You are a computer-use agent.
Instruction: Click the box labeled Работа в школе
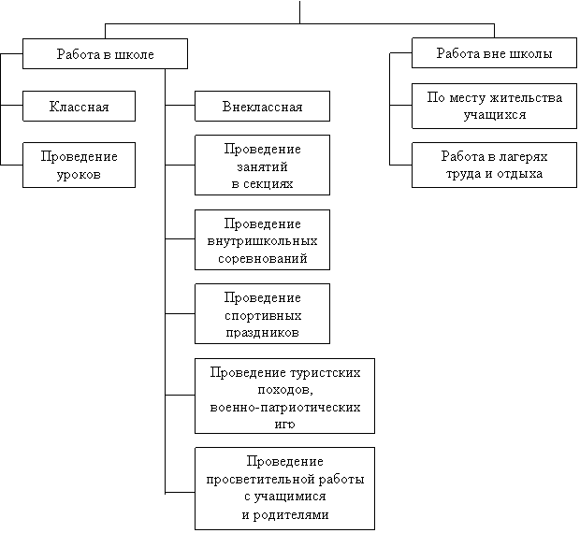(x=105, y=54)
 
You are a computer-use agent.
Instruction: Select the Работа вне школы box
(x=494, y=53)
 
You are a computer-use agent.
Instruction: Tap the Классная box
(x=79, y=107)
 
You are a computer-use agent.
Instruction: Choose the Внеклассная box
(x=262, y=107)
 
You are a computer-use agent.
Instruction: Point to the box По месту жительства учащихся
(x=494, y=106)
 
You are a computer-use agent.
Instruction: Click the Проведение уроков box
(x=79, y=165)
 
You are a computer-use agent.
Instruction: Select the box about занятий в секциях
(x=262, y=166)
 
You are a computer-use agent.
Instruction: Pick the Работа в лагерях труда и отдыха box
(x=494, y=165)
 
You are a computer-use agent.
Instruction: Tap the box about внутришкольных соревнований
(x=262, y=240)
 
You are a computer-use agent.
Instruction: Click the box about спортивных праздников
(x=262, y=314)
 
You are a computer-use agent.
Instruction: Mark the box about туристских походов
(x=284, y=396)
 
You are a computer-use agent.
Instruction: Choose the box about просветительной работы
(x=284, y=488)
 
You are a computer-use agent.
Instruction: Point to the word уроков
(x=79, y=174)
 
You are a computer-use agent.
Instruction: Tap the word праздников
(x=262, y=332)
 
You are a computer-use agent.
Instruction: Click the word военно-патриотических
(x=285, y=408)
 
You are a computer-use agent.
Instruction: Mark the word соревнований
(x=262, y=257)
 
